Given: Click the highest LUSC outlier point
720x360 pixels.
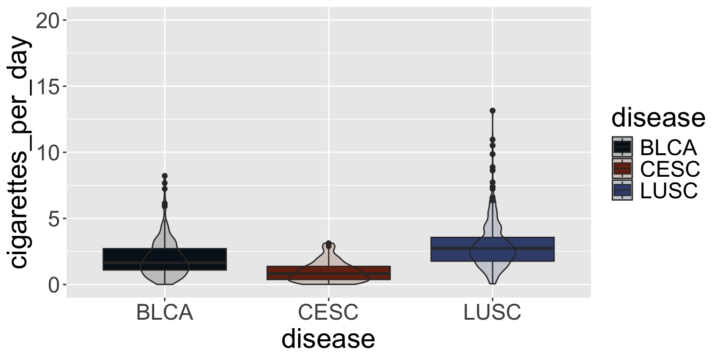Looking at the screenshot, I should click(x=492, y=111).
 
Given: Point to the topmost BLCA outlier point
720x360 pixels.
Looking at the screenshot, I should click(x=165, y=176).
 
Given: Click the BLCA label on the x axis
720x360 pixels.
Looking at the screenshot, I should click(x=165, y=313).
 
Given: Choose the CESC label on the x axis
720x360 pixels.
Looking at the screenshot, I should click(x=328, y=313).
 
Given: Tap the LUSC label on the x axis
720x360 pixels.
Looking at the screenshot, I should click(x=492, y=313).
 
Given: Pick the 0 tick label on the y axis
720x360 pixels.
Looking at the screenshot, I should click(x=55, y=285).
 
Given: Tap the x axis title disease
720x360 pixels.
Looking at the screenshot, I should click(x=328, y=339).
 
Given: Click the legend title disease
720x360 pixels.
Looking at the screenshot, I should click(x=658, y=118).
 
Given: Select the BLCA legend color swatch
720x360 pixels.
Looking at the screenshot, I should click(x=622, y=147).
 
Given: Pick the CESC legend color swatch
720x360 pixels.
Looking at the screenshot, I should click(x=622, y=169).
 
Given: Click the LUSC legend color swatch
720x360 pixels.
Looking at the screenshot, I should click(x=622, y=190).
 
